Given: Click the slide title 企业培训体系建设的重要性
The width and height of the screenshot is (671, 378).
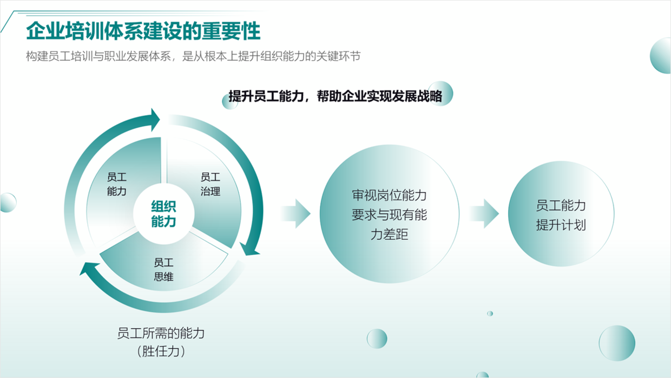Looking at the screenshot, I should point(143,31).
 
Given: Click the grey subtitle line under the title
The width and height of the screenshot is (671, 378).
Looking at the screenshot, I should point(193,56).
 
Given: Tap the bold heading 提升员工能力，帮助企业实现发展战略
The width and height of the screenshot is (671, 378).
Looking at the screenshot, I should point(335,96).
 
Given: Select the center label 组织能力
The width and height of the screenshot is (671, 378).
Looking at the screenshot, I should point(163,214).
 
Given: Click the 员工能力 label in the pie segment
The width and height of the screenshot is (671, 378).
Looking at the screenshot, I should point(117,184).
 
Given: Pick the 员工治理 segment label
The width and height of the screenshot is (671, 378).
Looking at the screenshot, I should point(210,184).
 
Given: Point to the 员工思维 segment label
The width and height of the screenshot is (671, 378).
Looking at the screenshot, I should point(163,270).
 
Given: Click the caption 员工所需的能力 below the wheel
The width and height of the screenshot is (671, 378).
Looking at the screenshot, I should point(161,333).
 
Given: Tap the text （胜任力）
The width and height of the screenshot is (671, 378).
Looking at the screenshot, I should point(161,351).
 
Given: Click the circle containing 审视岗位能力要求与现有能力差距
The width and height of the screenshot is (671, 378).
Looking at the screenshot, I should point(389,214).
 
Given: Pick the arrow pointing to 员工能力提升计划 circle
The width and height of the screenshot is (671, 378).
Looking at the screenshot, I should point(484,213).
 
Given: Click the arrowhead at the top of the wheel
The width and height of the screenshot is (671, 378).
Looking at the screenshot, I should point(155,120).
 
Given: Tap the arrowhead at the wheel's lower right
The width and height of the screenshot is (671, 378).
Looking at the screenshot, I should point(249,249).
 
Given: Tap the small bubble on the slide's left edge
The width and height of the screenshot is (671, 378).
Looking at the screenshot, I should point(8,203).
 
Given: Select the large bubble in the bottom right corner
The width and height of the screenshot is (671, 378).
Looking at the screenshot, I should point(617,343).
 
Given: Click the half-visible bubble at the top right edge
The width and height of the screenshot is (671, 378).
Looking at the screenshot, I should point(661,56).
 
